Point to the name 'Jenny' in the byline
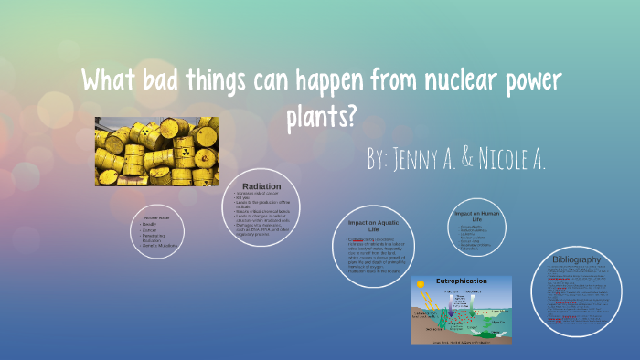click(x=421, y=160)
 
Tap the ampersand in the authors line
click(x=466, y=160)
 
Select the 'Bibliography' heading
click(x=577, y=259)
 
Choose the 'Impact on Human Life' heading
click(x=477, y=217)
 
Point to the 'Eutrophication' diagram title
click(x=462, y=281)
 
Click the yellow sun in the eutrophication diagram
click(x=421, y=286)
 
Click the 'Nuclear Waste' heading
click(x=158, y=217)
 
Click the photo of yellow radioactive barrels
click(x=156, y=151)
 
